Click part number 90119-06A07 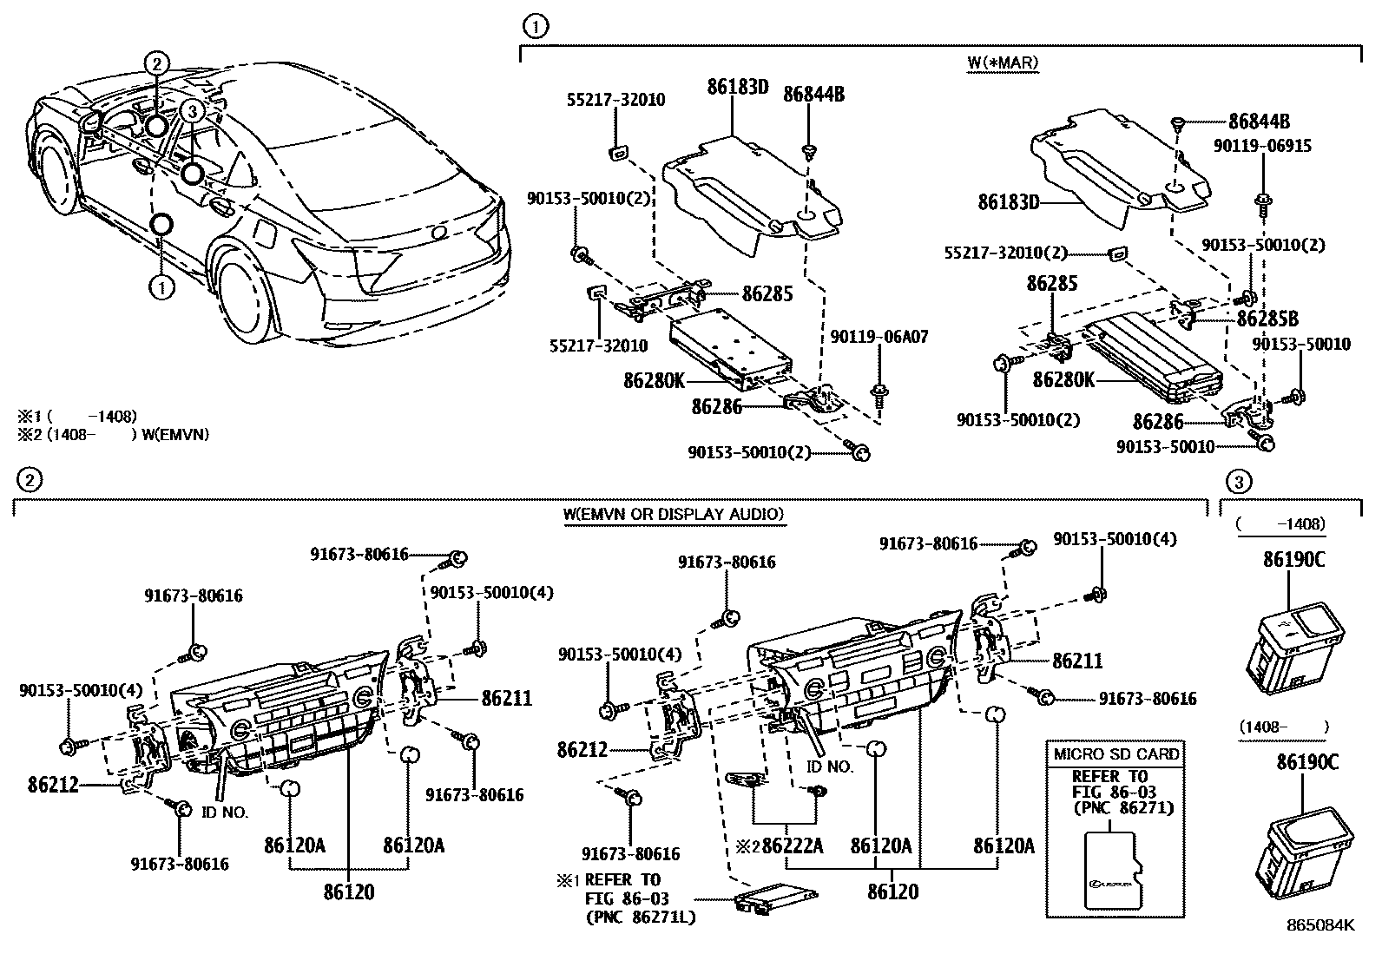click(x=879, y=337)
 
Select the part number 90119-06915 click(x=1268, y=147)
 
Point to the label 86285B click(x=1267, y=318)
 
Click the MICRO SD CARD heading click(x=1115, y=753)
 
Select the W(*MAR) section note click(x=1003, y=62)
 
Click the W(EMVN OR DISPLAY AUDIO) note click(x=673, y=514)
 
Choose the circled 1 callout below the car click(x=161, y=286)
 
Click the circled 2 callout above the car click(x=156, y=63)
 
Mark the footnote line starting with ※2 click(x=115, y=434)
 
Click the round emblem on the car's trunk click(x=439, y=233)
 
